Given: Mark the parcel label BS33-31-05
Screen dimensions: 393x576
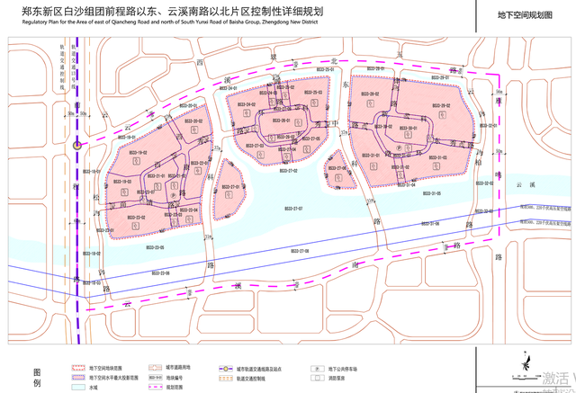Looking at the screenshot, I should pyautogui.click(x=431, y=194).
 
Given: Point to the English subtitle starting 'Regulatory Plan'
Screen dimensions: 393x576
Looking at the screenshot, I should pyautogui.click(x=171, y=29).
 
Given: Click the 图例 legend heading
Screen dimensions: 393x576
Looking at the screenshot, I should pyautogui.click(x=37, y=377).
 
